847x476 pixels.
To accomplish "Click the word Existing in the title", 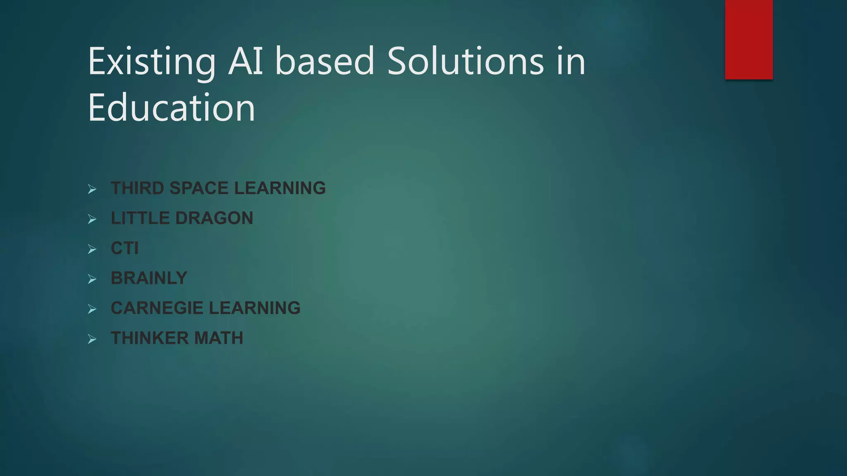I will click(x=151, y=62).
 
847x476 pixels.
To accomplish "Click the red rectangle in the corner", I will click(x=749, y=39).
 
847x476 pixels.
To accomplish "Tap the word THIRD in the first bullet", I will click(x=137, y=188).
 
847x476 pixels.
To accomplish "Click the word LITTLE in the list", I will click(x=140, y=218).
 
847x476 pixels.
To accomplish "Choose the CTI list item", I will click(x=124, y=248).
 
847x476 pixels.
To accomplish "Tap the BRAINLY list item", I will click(x=149, y=278).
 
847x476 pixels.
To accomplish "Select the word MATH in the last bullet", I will click(x=219, y=338).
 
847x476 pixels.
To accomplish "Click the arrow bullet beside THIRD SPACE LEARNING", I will click(x=92, y=189).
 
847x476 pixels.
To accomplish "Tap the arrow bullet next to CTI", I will click(x=92, y=249).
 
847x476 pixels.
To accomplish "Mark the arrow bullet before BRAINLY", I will click(x=92, y=279).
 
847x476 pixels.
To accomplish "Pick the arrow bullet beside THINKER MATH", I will click(x=92, y=339).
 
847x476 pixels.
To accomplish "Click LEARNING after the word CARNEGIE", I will click(x=254, y=308).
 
